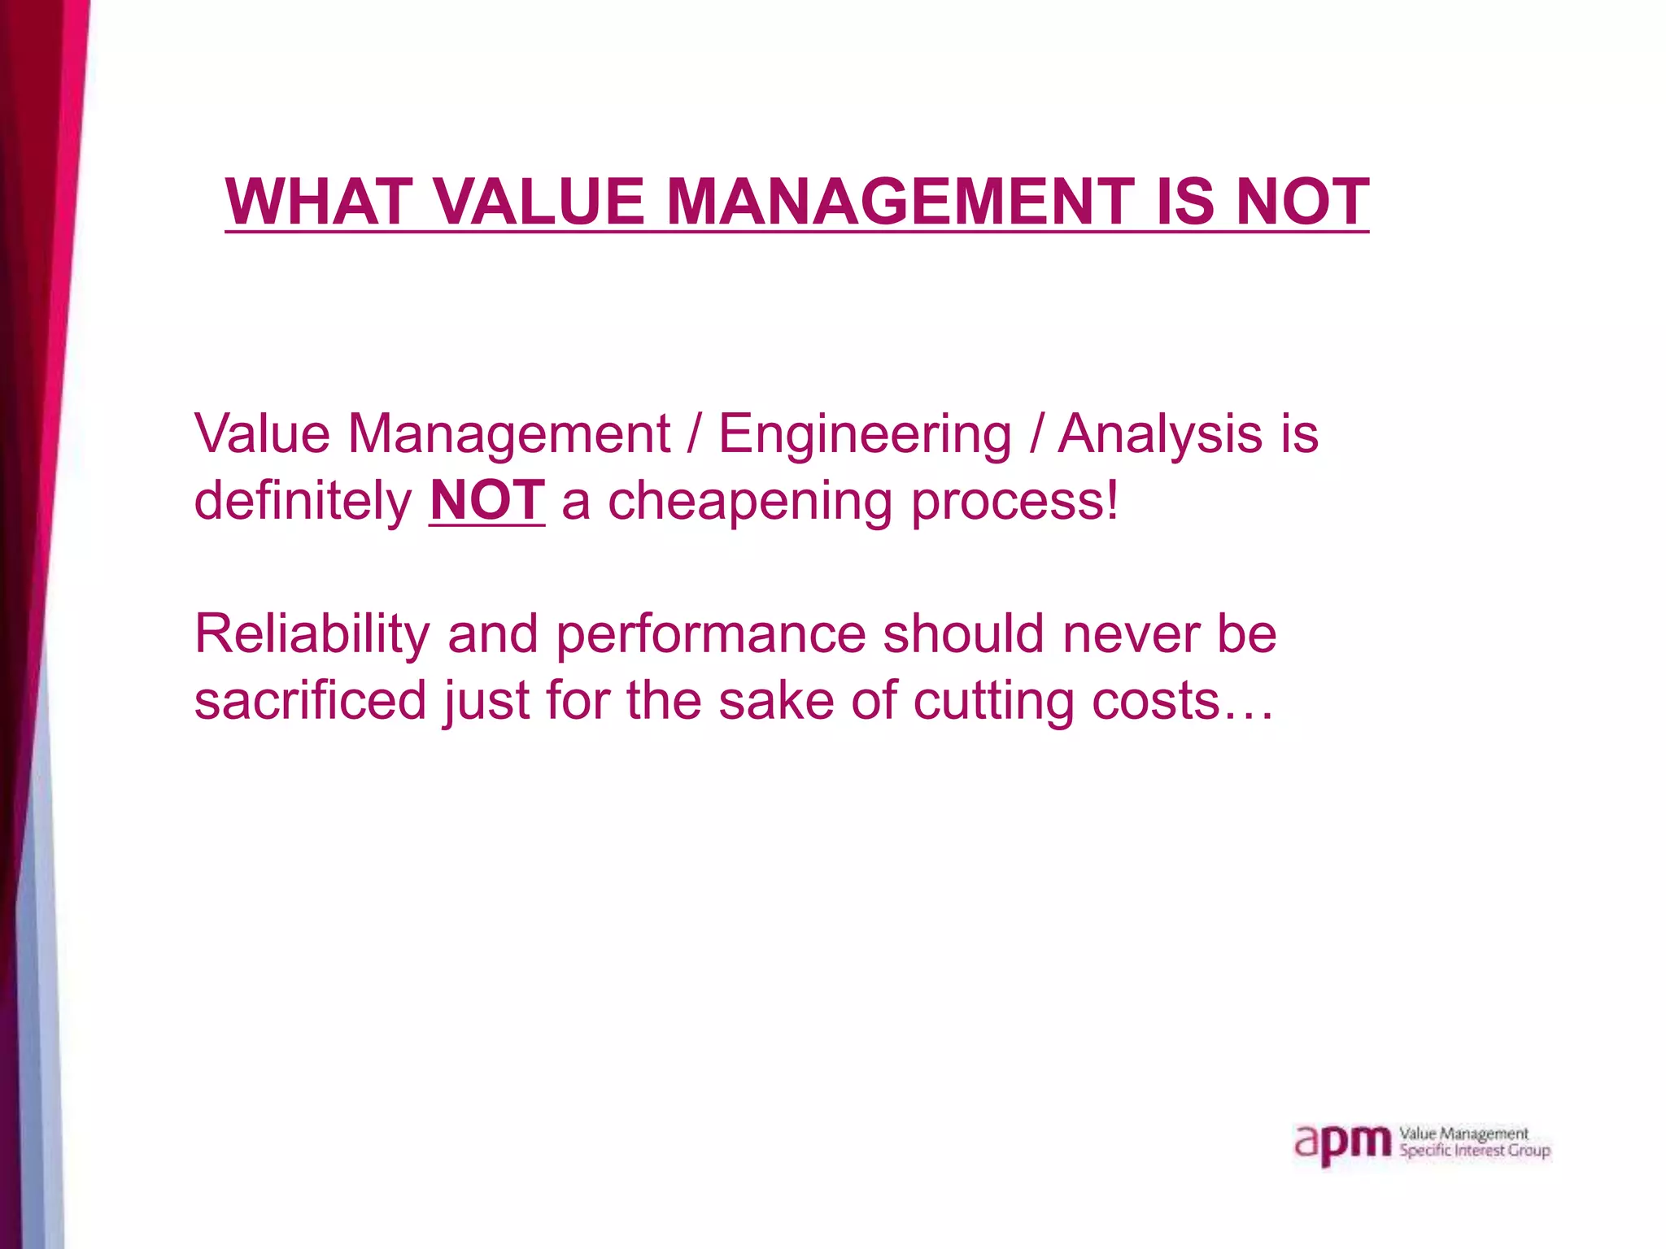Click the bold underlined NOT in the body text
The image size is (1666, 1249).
pos(486,500)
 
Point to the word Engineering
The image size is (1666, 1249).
pos(865,435)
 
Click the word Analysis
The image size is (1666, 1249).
pos(1160,435)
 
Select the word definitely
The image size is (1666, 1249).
pos(303,500)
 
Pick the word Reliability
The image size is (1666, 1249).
pos(311,634)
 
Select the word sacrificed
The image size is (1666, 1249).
pos(310,701)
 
